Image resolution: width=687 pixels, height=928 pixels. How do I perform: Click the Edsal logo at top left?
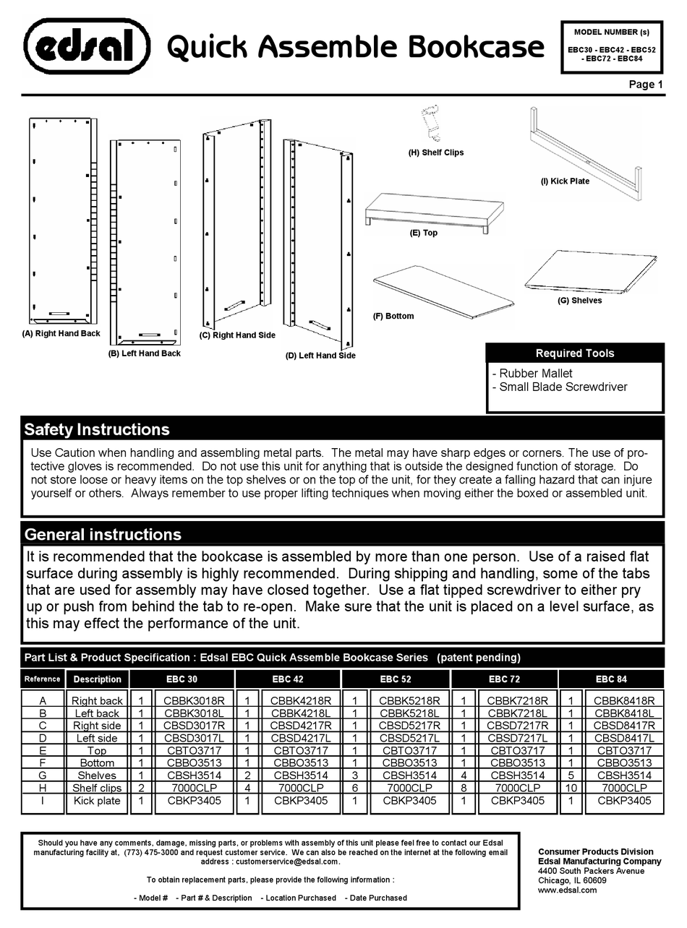pos(87,47)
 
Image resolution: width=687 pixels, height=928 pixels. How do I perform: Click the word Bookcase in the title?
pos(477,48)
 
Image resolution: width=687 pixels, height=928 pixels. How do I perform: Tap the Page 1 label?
pos(646,85)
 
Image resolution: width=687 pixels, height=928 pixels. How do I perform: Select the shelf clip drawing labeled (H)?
pos(432,125)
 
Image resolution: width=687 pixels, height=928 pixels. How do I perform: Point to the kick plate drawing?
pos(586,155)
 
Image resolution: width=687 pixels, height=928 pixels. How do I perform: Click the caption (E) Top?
pos(424,233)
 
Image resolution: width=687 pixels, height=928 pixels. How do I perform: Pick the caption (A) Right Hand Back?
pos(61,334)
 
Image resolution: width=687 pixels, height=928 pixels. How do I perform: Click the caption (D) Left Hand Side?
pos(320,356)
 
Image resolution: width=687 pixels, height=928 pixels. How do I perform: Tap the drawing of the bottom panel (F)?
pos(443,291)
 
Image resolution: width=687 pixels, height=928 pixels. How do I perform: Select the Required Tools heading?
pos(574,353)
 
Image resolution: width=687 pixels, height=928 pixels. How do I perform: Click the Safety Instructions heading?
pos(97,429)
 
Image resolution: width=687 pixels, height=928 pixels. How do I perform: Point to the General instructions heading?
pos(103,535)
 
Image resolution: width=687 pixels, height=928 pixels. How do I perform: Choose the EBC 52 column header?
pos(396,679)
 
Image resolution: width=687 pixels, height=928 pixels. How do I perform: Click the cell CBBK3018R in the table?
pos(194,701)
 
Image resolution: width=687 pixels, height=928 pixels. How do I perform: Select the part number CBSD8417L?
pos(624,738)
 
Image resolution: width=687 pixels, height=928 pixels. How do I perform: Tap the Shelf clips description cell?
pos(97,788)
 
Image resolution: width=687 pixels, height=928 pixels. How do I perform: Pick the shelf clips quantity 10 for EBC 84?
pos(571,788)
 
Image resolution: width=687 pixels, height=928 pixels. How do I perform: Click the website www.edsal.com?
pos(568,890)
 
